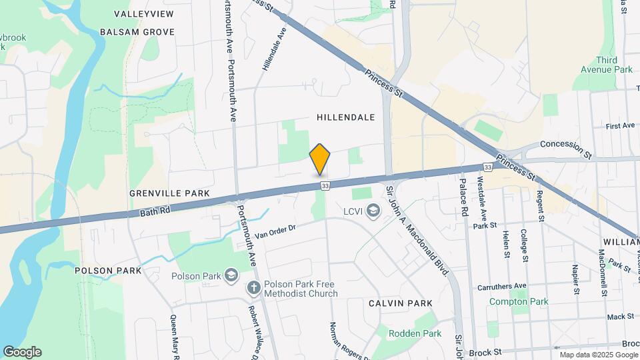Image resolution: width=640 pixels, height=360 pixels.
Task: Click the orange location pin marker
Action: pos(320,159)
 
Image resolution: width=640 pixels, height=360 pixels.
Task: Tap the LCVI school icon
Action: pos(373,212)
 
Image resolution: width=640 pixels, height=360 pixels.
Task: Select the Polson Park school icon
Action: pos(231,275)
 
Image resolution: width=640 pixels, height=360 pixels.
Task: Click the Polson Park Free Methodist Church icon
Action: pos(253,289)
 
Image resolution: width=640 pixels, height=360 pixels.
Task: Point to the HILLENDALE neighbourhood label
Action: pos(345,117)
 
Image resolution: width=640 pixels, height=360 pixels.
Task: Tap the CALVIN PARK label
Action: pos(400,303)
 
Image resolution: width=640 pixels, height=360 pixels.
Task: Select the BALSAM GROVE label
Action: pos(137,32)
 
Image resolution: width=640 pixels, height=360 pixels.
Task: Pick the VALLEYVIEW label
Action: pos(143,14)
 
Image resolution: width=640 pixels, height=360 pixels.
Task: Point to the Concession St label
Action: pos(565,144)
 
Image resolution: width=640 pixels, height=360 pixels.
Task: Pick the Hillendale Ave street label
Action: pos(275,49)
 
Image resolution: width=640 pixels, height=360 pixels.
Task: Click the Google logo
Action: pos(22,352)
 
